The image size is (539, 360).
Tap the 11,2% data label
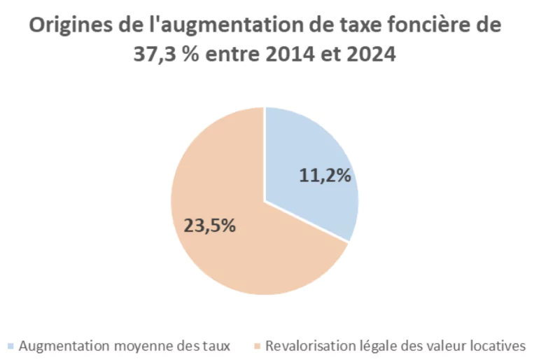pos(325,176)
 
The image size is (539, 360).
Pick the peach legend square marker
pos(257,346)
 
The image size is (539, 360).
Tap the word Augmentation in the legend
pos(59,346)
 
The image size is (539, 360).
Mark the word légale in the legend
pos(366,346)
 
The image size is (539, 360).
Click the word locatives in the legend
pos(496,346)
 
